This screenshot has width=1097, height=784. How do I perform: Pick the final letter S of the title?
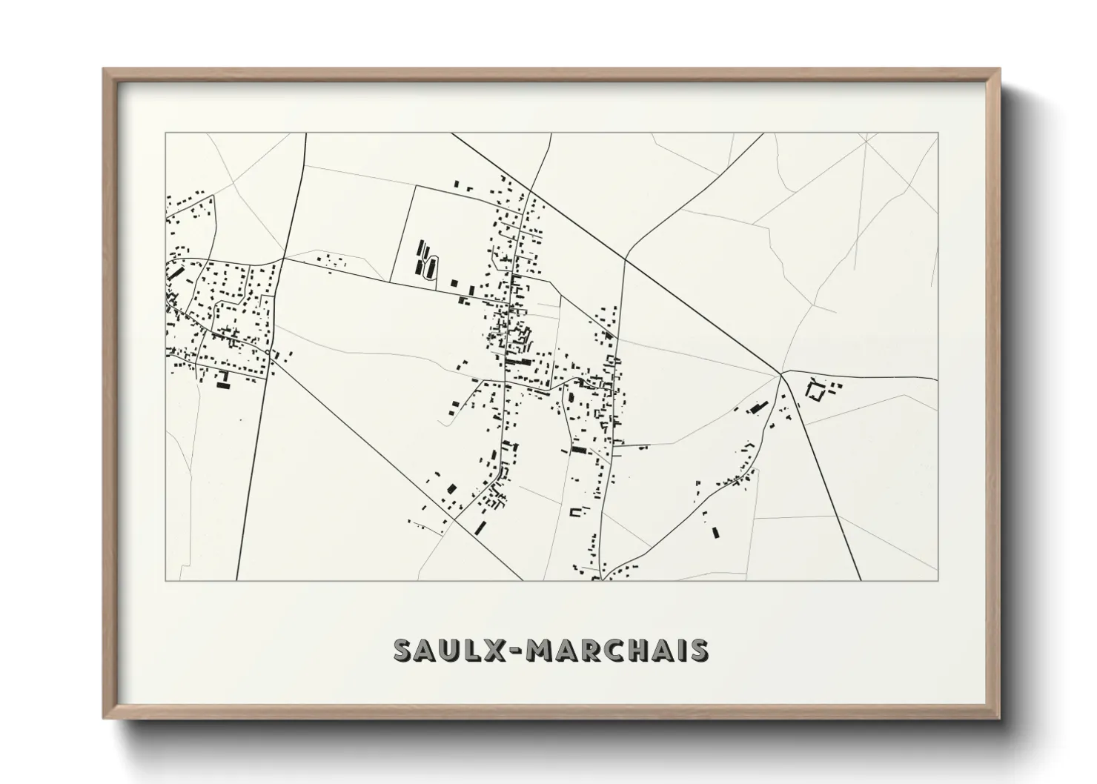tap(697, 650)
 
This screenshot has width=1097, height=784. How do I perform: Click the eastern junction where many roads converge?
tap(781, 374)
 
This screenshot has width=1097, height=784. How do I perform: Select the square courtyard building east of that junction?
tap(816, 391)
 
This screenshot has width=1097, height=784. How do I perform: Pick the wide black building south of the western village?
tap(222, 385)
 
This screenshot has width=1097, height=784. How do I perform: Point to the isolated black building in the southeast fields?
tap(715, 531)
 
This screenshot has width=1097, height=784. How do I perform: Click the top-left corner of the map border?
tap(166, 133)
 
